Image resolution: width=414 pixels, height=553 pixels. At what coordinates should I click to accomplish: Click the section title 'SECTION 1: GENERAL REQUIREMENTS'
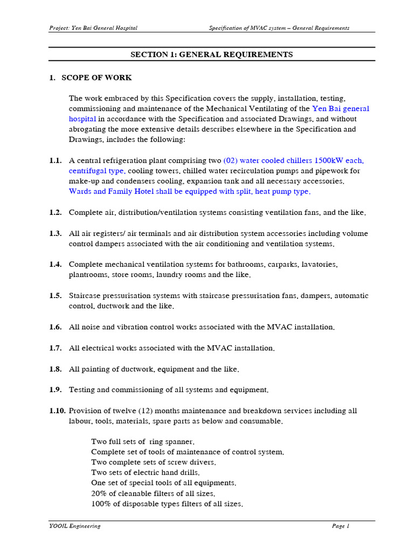[212, 55]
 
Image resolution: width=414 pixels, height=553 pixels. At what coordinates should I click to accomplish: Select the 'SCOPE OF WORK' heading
[96, 78]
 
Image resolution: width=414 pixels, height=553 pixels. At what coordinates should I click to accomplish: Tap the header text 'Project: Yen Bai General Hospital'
[93, 28]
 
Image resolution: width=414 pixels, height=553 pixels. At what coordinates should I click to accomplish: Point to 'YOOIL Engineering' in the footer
[74, 526]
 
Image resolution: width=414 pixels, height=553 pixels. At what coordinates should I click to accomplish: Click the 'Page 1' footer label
[340, 526]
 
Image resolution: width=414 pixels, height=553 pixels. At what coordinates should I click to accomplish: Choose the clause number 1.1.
[55, 161]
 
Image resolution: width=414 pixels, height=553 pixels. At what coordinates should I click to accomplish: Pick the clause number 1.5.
[55, 296]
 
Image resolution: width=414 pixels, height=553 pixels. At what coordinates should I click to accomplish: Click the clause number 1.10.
[57, 411]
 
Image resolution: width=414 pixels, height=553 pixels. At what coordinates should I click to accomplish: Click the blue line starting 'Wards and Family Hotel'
[190, 192]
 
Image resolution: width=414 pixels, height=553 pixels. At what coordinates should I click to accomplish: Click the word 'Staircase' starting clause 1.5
[85, 296]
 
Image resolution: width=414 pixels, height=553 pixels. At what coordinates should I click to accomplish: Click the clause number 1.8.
[55, 369]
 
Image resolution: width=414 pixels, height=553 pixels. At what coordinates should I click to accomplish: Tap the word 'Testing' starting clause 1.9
[82, 390]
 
